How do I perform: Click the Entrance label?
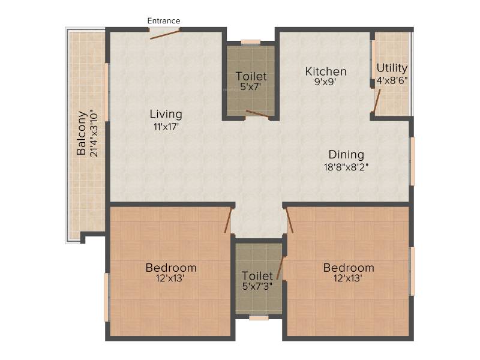pos(164,21)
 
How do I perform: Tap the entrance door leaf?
pos(164,34)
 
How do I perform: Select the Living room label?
pos(166,115)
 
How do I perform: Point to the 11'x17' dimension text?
pos(166,127)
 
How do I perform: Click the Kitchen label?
pos(326,71)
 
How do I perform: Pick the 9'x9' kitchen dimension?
pos(326,82)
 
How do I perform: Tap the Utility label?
pos(392,68)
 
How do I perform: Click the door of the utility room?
pos(377,101)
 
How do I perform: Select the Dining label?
pos(346,155)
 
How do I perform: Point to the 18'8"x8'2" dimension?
pos(346,167)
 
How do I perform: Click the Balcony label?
pos(82,133)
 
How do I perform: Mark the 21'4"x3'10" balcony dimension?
pos(94,133)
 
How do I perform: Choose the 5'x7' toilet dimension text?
pos(251,86)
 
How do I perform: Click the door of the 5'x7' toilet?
pos(258,114)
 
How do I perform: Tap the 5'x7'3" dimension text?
pos(257,287)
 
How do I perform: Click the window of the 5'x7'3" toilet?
pos(259,318)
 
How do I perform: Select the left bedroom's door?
pos(228,220)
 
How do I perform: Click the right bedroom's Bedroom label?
pos(349,268)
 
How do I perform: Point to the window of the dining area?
pos(412,161)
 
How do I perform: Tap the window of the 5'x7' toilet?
pos(251,43)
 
